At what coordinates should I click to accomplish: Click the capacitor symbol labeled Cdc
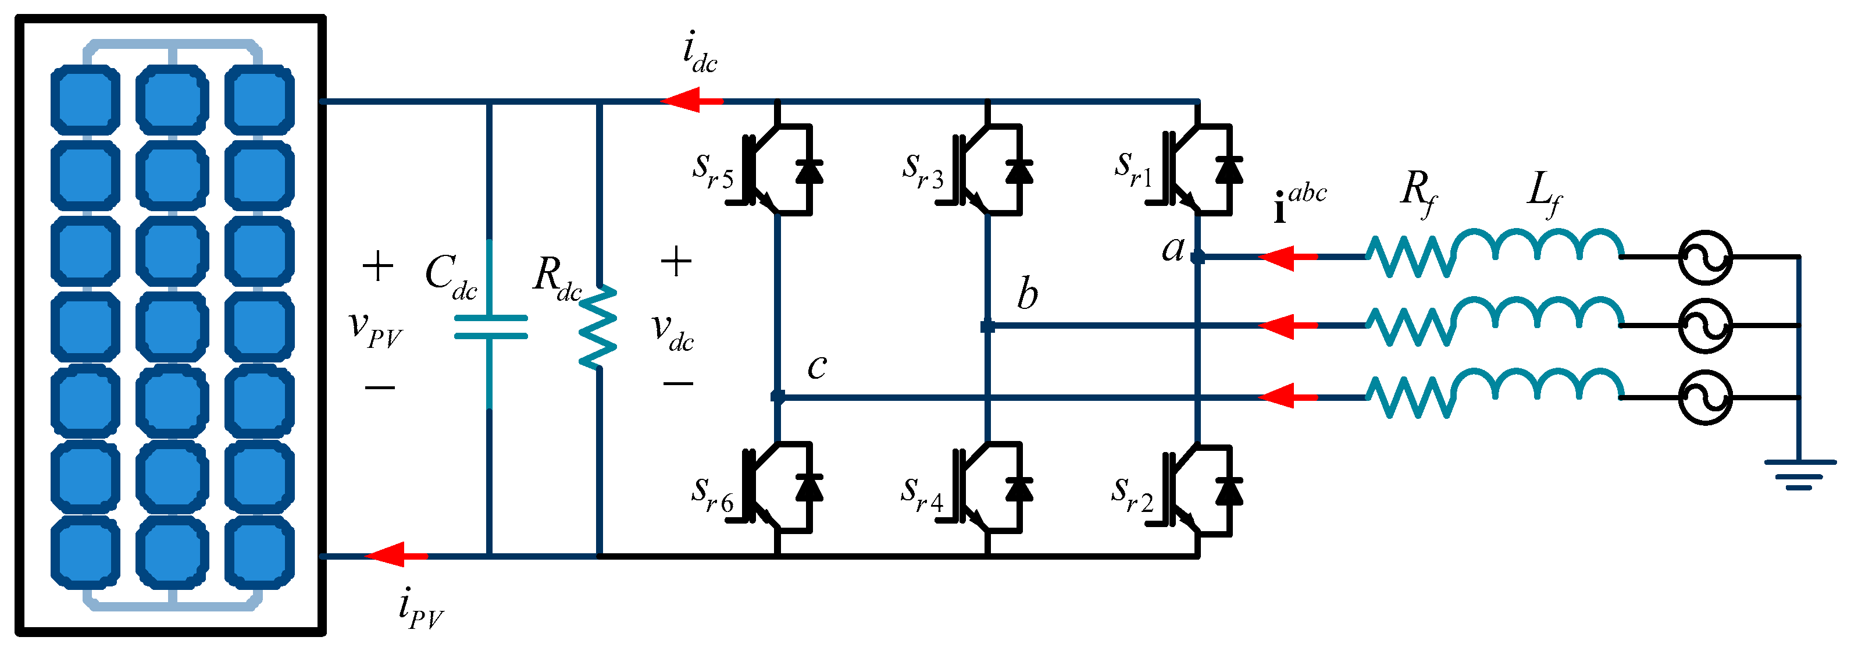coord(491,327)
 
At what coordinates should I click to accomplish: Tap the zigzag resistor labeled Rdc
coord(598,327)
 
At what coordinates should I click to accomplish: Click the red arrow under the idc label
coord(690,100)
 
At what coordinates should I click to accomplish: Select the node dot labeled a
coord(1197,257)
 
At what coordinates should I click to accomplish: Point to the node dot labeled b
coord(988,326)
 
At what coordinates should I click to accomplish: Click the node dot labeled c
coord(778,396)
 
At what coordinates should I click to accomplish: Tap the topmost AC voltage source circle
coord(1705,257)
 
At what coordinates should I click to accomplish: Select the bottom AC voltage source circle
coord(1705,397)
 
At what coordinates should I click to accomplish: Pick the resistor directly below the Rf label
coord(1410,257)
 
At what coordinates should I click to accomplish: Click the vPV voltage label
coord(375,330)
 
